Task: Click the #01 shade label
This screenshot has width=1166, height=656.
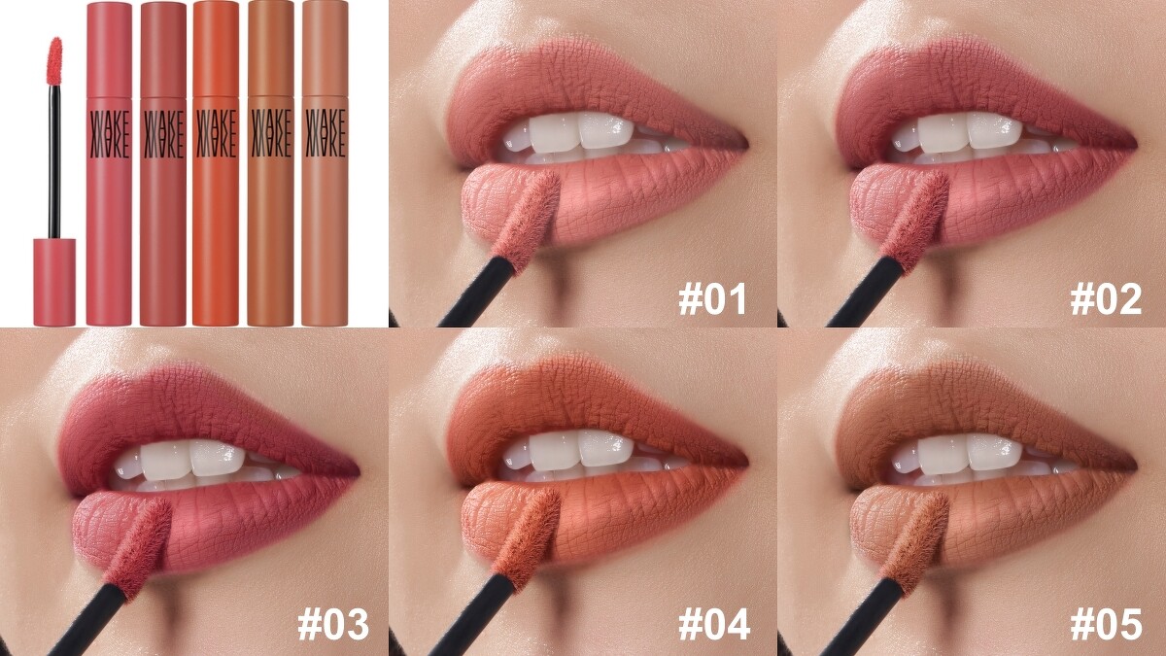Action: (x=712, y=299)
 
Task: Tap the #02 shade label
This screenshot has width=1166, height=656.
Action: (x=1106, y=299)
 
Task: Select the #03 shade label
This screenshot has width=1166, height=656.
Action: (x=333, y=624)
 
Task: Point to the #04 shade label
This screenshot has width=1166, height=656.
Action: (x=714, y=624)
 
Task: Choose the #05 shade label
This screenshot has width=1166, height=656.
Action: (x=1107, y=624)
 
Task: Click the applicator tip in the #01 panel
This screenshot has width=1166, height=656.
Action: (x=526, y=222)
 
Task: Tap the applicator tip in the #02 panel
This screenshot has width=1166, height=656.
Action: (x=914, y=222)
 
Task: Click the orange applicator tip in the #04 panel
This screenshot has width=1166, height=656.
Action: (x=526, y=540)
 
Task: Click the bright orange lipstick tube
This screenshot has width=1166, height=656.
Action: (x=216, y=163)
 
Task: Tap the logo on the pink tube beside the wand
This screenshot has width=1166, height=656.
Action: (x=109, y=134)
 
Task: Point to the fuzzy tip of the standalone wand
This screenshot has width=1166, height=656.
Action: (x=54, y=61)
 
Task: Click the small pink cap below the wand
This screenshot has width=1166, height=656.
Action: (x=54, y=282)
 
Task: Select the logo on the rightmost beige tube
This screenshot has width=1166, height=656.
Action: (x=326, y=134)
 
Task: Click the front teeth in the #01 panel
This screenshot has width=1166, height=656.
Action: (x=581, y=130)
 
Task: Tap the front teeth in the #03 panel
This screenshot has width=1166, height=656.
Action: (x=191, y=458)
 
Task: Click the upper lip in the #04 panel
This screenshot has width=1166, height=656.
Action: (x=594, y=411)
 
